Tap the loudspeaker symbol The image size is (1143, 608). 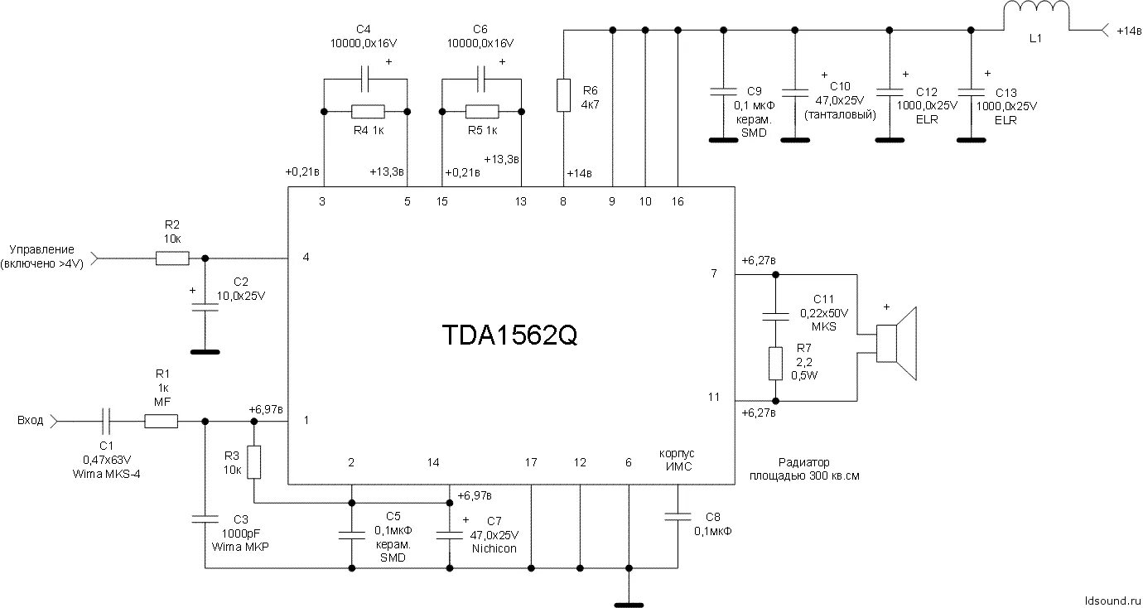pos(898,343)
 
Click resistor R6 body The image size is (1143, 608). pos(564,94)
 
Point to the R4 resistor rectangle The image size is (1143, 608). pos(367,111)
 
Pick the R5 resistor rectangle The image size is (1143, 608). pos(482,111)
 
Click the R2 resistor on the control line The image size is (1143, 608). pos(171,258)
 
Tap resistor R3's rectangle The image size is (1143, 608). pos(253,461)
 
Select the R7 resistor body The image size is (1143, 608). pos(776,363)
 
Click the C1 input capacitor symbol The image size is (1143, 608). pos(106,422)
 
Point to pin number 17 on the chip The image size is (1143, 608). pos(531,462)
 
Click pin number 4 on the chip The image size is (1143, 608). pos(306,258)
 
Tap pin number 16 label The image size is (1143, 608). pos(678,201)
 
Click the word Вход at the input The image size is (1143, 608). pos(31,421)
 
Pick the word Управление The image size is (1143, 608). pos(41,249)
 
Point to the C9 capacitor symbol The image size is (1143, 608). pos(723,89)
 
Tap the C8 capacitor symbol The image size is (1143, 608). pos(678,517)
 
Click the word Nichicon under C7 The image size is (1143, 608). pos(494,548)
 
